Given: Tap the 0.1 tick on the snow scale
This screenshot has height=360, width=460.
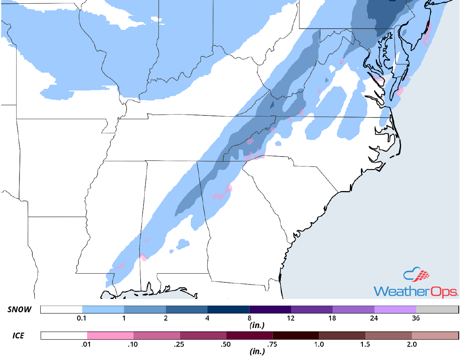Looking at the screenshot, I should [x=82, y=318].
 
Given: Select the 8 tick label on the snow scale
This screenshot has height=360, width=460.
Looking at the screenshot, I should [x=249, y=318].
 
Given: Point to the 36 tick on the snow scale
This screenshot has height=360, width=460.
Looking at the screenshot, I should [x=416, y=318].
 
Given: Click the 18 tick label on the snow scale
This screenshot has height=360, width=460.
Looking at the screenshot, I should [x=333, y=318].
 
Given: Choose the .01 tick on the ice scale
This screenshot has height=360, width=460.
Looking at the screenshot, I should [x=87, y=344].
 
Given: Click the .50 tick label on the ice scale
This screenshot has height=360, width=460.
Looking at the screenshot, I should [x=226, y=344].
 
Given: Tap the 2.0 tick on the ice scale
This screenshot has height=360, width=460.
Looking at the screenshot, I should [x=412, y=344].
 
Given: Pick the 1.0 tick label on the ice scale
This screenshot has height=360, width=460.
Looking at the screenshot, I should [x=319, y=344].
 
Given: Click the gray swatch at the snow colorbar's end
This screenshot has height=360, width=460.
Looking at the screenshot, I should [x=437, y=309].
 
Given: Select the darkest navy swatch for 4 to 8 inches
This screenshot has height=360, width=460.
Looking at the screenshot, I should [x=228, y=309].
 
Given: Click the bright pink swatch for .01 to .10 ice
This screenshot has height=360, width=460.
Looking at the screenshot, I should [x=110, y=335].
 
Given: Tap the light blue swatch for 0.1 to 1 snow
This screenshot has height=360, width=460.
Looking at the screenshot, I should [x=103, y=309].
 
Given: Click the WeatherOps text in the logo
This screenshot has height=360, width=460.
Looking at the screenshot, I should [x=416, y=291].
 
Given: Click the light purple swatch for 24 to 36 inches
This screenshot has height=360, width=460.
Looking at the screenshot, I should [x=395, y=309].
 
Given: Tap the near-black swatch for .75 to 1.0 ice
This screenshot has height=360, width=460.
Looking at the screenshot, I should [x=296, y=335].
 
